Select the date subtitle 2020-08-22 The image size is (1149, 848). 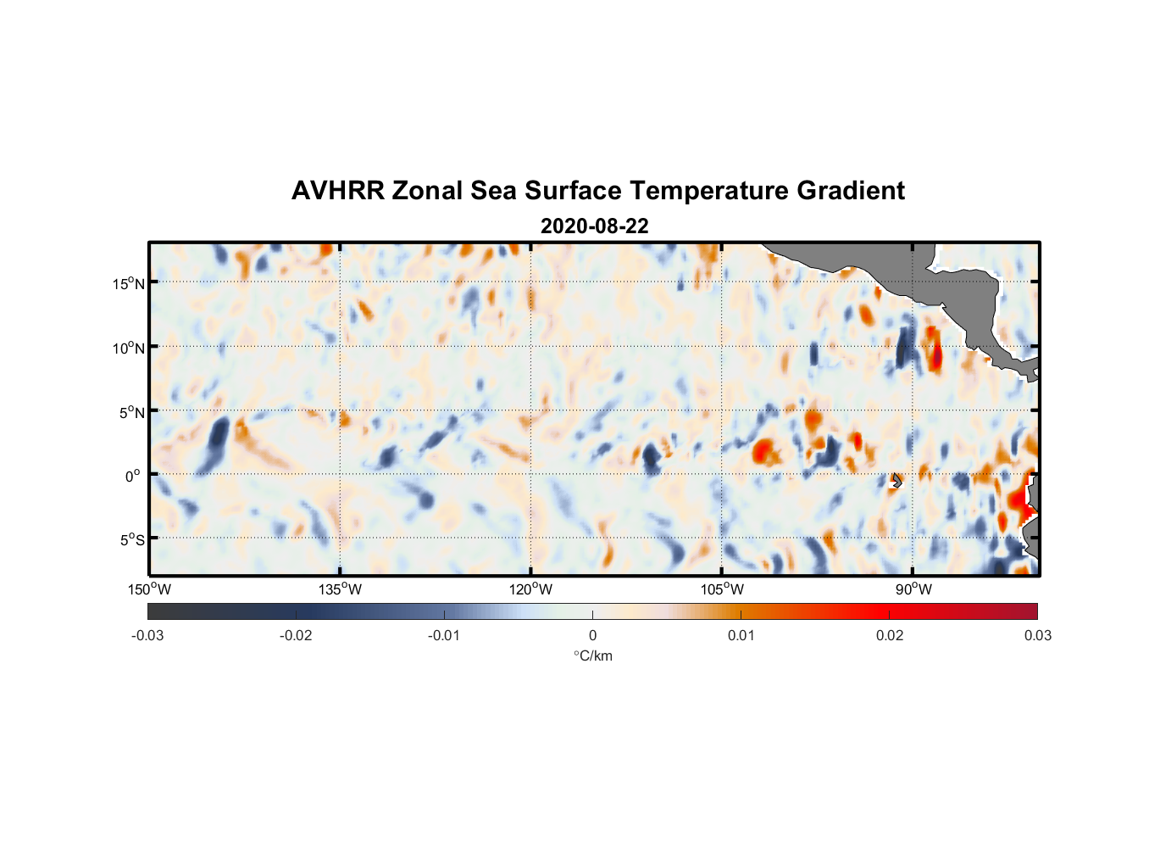(x=594, y=226)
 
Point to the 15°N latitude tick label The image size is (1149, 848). (x=129, y=283)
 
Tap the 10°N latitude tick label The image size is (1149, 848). (x=129, y=348)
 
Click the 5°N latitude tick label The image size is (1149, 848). (x=131, y=412)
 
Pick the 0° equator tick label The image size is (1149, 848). (x=133, y=476)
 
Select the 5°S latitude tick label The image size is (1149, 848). (x=131, y=539)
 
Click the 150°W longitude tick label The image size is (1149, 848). (x=150, y=589)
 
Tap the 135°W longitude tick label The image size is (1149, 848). (x=341, y=589)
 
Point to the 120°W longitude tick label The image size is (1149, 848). (x=531, y=589)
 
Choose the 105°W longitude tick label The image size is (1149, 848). (x=722, y=589)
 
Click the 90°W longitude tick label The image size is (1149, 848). (x=913, y=589)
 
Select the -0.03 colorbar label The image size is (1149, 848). (x=147, y=635)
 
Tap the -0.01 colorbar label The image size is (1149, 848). (x=444, y=635)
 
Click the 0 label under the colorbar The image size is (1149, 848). (x=592, y=635)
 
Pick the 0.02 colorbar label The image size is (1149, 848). (x=890, y=635)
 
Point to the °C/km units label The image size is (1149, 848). (x=592, y=656)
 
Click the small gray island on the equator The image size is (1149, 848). (x=896, y=480)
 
